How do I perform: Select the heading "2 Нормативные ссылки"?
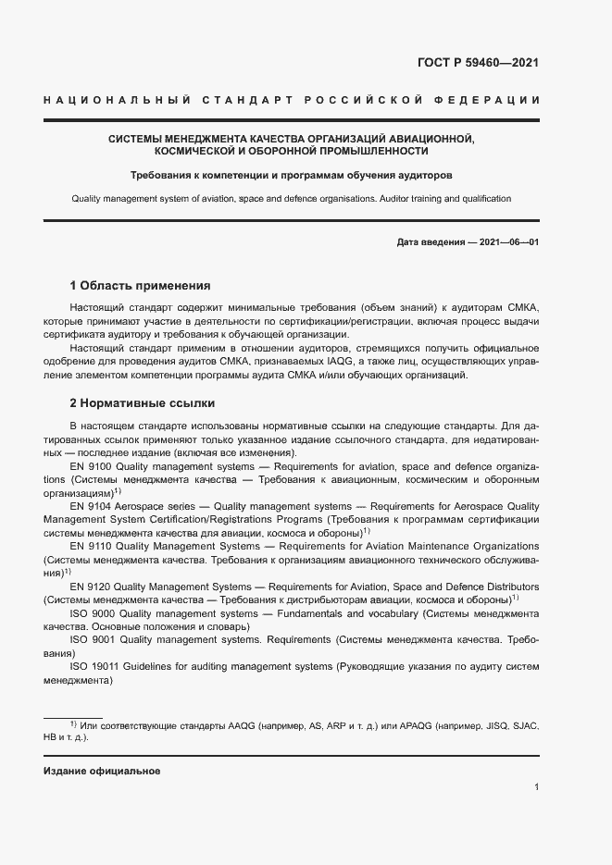(143, 404)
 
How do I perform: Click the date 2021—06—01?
(508, 242)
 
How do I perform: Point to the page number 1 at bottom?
(537, 787)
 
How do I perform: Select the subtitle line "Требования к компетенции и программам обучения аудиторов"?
(292, 175)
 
